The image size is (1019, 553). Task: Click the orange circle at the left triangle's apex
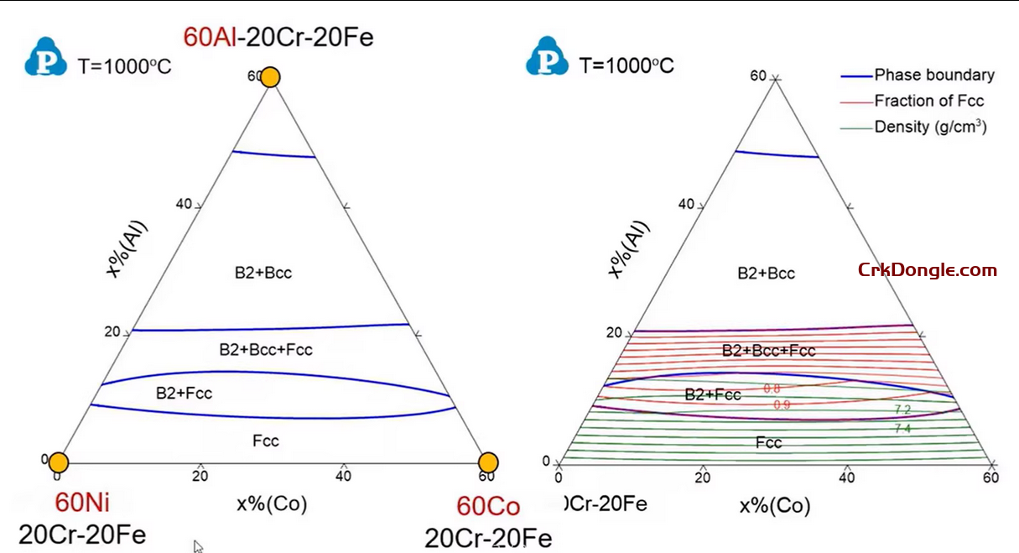[x=270, y=77]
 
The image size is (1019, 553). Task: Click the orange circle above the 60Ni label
[x=58, y=462]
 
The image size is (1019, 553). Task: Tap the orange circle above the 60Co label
[x=488, y=462]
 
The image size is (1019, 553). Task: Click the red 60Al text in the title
[x=209, y=37]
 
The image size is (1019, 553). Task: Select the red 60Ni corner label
[x=82, y=503]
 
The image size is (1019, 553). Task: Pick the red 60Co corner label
[x=488, y=507]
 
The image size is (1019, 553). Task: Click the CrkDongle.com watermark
[x=927, y=270]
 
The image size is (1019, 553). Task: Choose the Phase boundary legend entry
[x=933, y=75]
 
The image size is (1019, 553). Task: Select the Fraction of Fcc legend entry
[x=928, y=101]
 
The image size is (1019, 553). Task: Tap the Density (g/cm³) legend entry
[x=930, y=127]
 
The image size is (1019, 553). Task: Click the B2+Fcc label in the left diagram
[x=185, y=392]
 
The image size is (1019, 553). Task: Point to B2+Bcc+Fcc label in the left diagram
[x=266, y=349]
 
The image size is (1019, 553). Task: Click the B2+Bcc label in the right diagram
[x=766, y=273]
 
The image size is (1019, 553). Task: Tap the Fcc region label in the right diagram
[x=768, y=442]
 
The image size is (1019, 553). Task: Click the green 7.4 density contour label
[x=902, y=428]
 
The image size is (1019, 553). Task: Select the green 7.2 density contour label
[x=902, y=410]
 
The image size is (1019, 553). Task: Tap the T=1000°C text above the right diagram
[x=626, y=65]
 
